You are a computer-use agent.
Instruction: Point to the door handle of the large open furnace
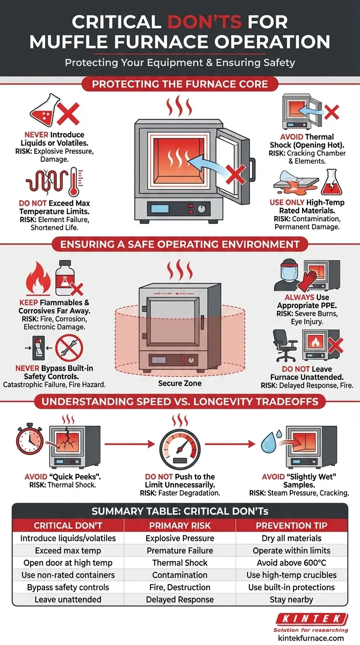click(x=252, y=166)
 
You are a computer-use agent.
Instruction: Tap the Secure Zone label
click(x=180, y=383)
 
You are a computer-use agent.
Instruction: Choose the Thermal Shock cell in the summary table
click(x=180, y=563)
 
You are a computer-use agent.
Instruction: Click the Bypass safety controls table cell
click(x=68, y=587)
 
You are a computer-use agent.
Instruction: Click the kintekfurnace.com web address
click(x=308, y=638)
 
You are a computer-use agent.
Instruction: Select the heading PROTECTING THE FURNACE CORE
click(x=180, y=85)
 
